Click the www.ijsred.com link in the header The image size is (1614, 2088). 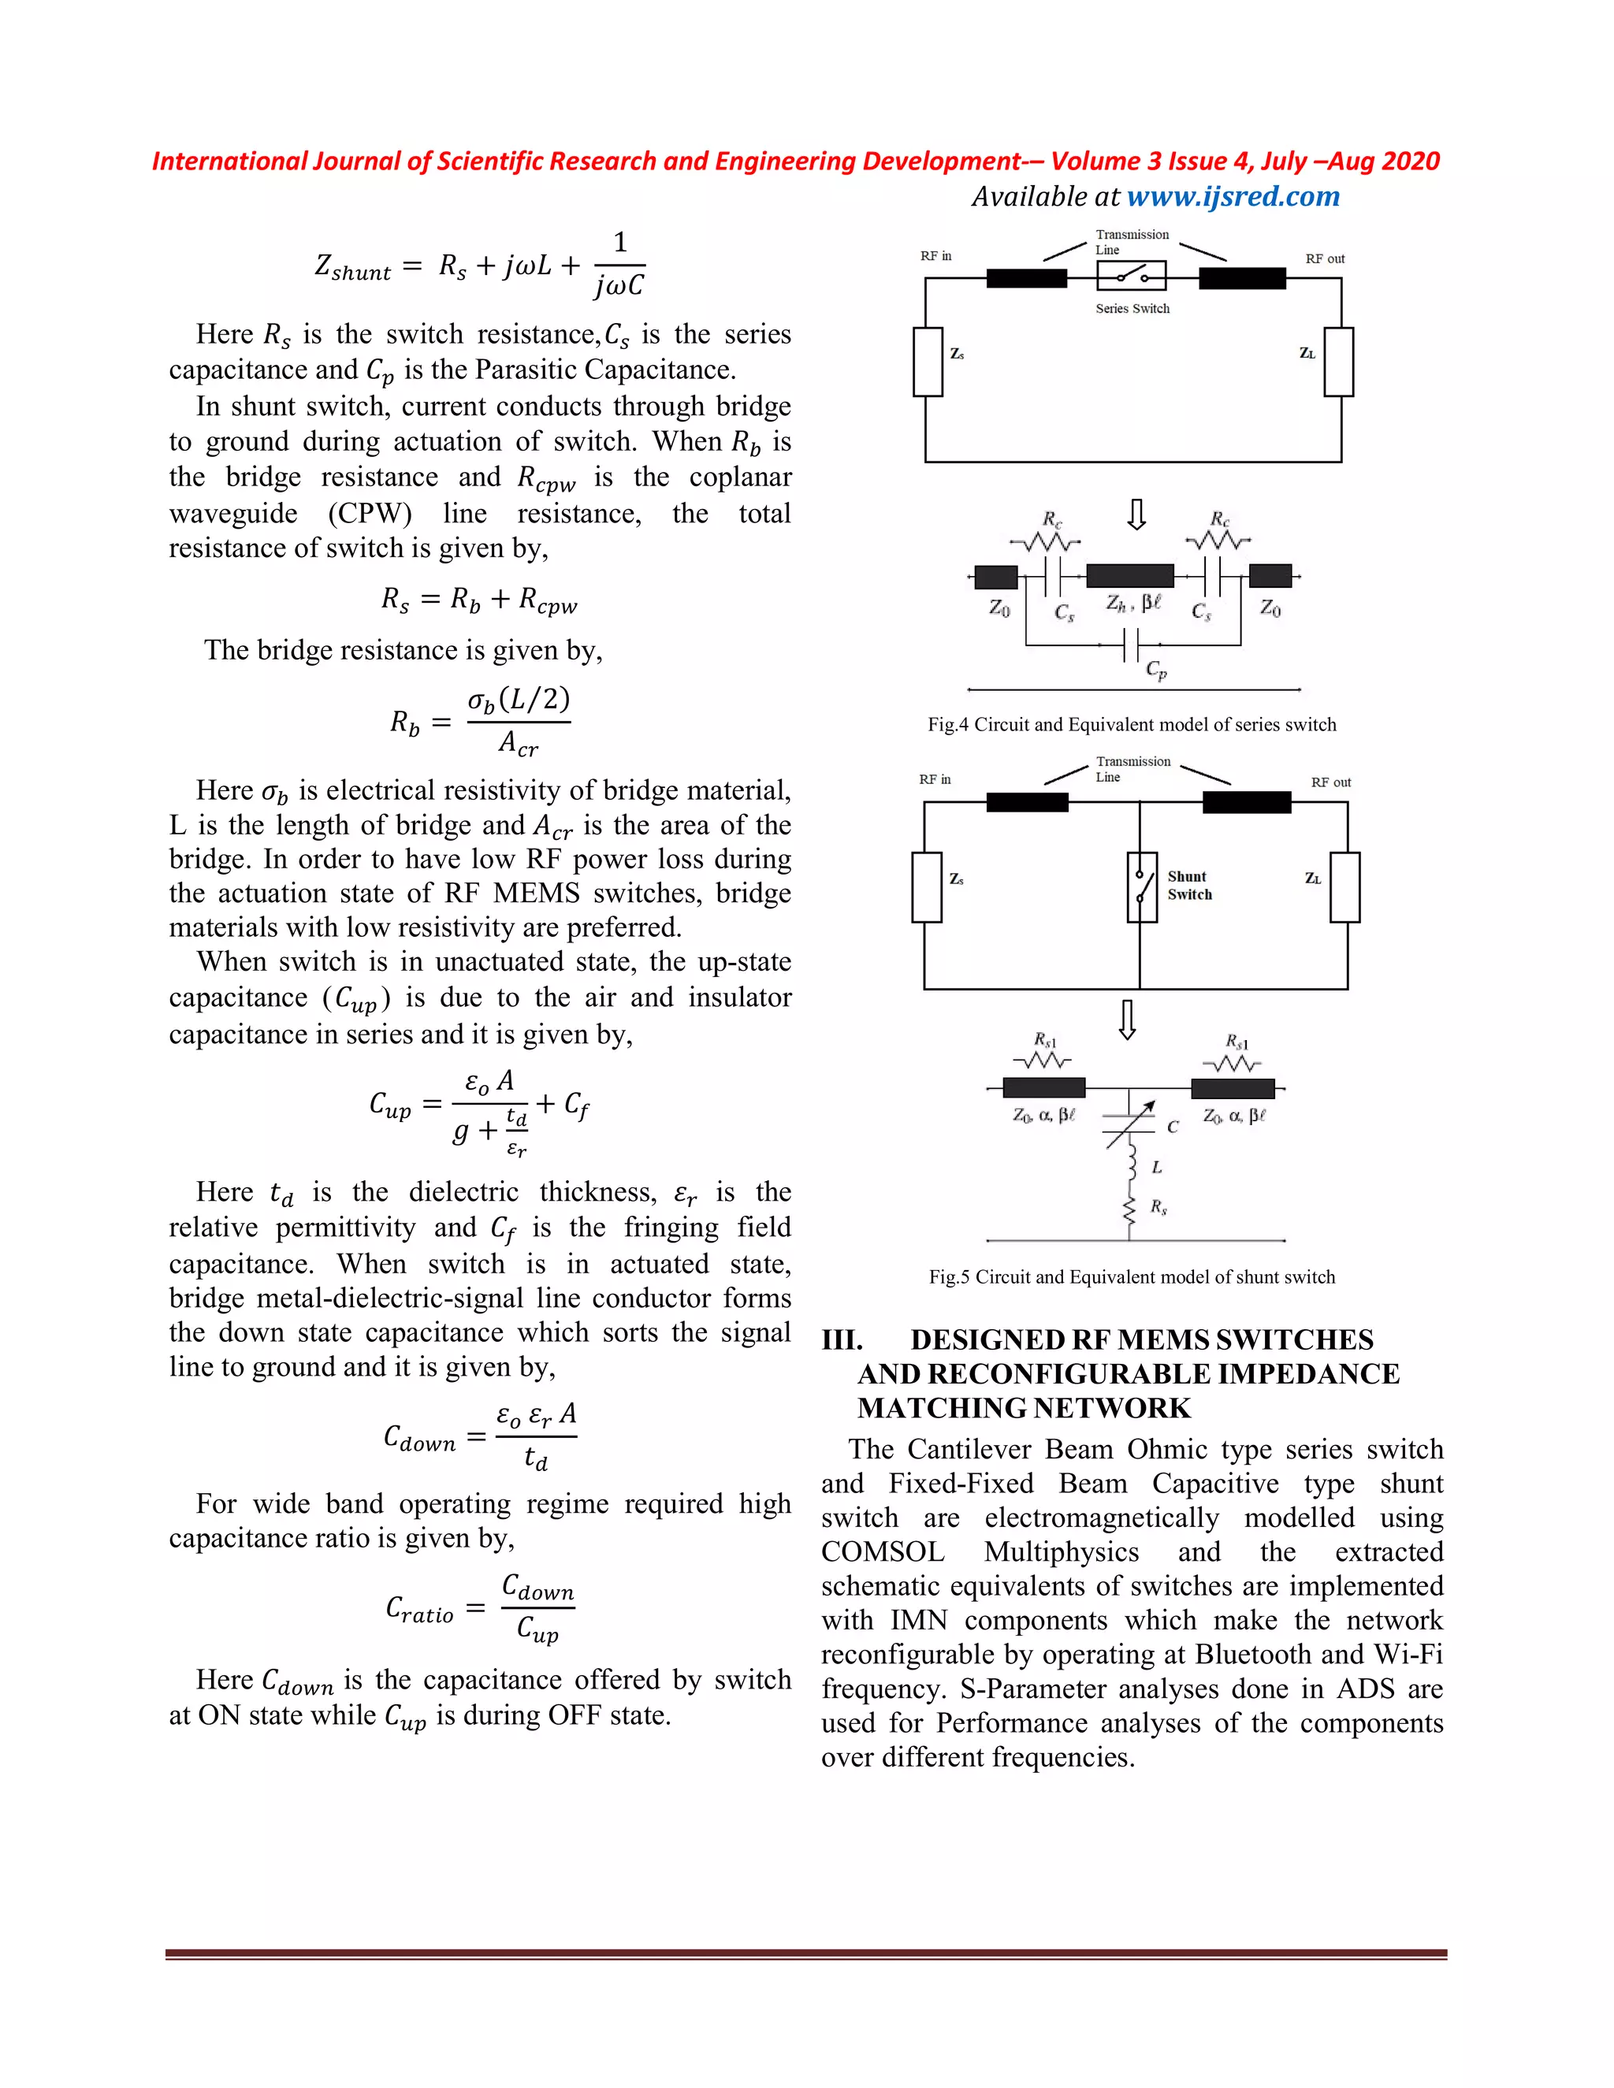click(1233, 197)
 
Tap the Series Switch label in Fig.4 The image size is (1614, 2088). click(1132, 309)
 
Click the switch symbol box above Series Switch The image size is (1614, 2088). click(1131, 275)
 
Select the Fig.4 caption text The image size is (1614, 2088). click(1131, 725)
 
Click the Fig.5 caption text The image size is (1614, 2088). click(1131, 1277)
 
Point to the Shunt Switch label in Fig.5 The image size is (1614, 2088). click(1188, 886)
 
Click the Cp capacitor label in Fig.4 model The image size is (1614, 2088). click(1156, 671)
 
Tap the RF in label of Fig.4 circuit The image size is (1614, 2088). click(935, 256)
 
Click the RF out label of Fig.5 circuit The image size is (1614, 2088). click(1330, 782)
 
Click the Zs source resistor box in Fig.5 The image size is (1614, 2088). click(927, 887)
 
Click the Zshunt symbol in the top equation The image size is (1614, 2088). click(351, 267)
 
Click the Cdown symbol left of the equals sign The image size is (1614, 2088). click(418, 1438)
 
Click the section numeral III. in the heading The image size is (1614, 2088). click(842, 1339)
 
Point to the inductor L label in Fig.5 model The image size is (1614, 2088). click(1156, 1168)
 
